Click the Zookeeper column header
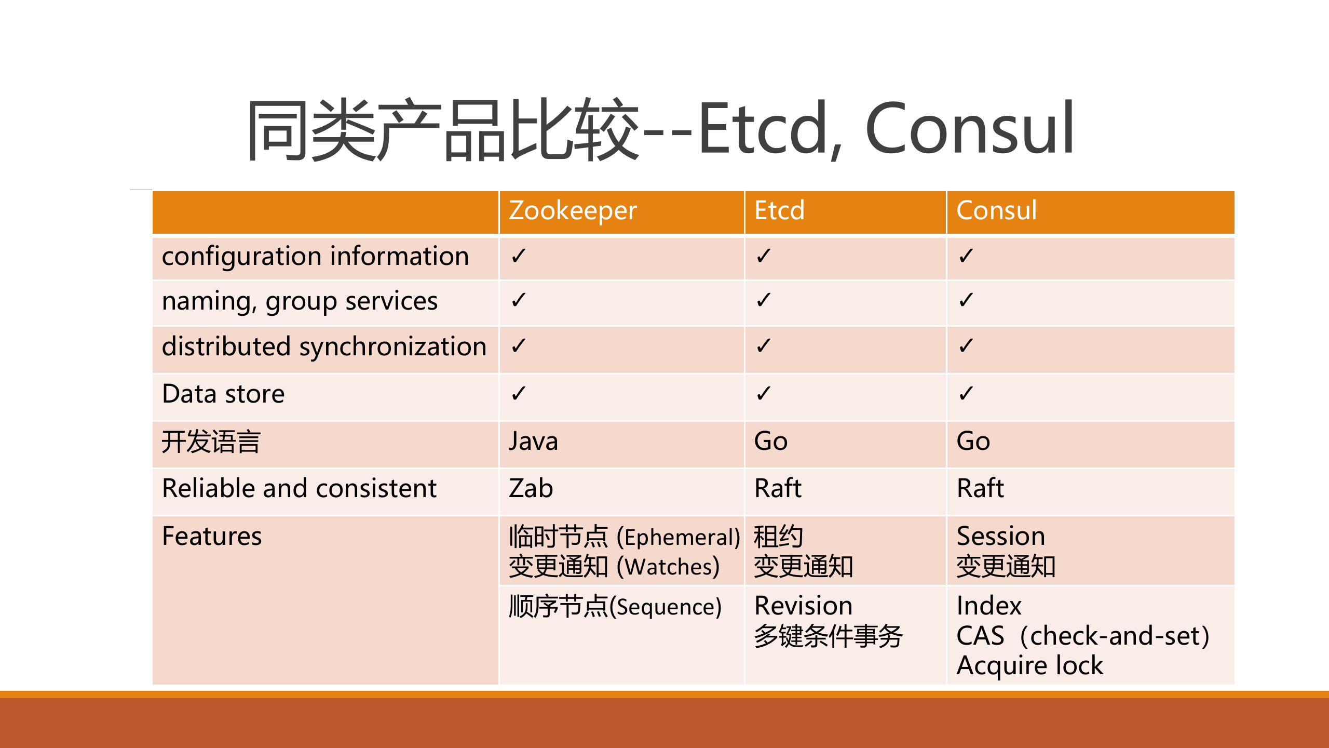[573, 211]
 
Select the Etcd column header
[779, 211]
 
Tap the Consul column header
[996, 211]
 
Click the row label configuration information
[315, 257]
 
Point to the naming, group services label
[300, 301]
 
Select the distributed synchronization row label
[324, 347]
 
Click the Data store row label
[223, 394]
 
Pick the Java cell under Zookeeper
[533, 442]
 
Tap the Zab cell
[531, 489]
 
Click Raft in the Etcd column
[778, 489]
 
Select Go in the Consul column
[973, 442]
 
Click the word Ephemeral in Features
[677, 538]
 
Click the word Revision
[803, 606]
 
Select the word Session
[1000, 537]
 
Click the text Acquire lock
[1029, 666]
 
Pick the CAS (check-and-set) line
[1082, 636]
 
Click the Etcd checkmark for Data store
[763, 394]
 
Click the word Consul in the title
[969, 129]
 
